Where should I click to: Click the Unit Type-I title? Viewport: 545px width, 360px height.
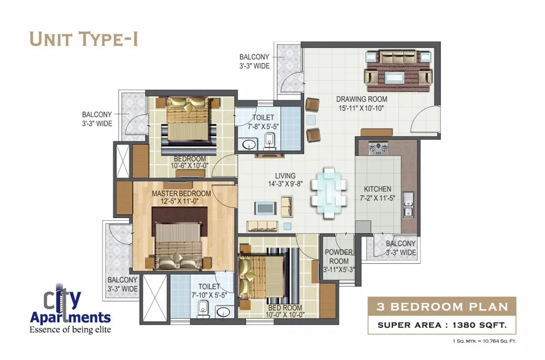coord(84,39)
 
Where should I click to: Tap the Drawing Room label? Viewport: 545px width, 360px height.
coord(361,99)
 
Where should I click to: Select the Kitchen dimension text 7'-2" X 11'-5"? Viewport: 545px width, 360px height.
coord(377,198)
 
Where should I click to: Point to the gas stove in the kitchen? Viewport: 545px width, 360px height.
coord(378,148)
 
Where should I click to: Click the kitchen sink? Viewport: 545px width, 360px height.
coord(408,205)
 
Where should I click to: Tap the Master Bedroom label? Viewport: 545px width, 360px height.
coord(181,193)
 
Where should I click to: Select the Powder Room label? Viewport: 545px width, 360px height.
coord(339,256)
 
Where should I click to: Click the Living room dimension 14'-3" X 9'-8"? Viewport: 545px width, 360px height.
coord(285,184)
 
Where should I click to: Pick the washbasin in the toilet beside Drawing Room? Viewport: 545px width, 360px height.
coord(249,144)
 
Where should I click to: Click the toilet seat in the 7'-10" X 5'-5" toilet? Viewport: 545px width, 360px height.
coord(203,308)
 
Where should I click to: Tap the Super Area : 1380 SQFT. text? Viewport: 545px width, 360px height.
coord(442,325)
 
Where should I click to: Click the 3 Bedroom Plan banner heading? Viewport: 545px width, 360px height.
coord(442,307)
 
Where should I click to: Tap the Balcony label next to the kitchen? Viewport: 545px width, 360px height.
coord(401,248)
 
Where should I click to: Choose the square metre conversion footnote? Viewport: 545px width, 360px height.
coord(484,341)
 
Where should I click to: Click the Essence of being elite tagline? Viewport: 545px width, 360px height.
coord(70,330)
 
